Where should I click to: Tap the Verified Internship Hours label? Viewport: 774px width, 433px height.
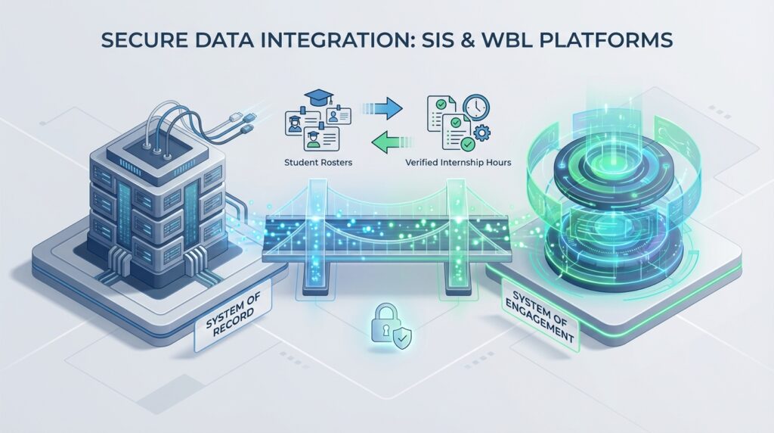click(x=469, y=160)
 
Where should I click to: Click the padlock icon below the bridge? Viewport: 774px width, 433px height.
click(x=379, y=324)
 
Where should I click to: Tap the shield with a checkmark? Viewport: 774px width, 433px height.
click(x=398, y=335)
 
